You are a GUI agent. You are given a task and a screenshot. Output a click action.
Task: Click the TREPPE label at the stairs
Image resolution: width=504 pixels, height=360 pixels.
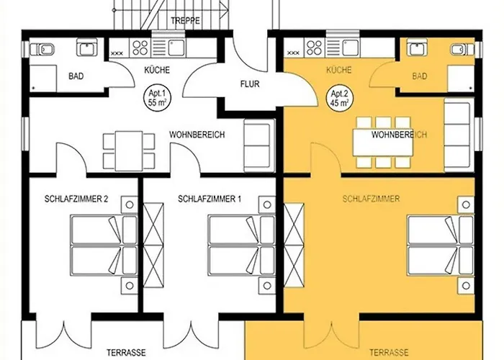pos(186,21)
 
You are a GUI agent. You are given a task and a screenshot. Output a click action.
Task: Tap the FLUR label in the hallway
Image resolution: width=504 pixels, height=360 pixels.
pos(250,84)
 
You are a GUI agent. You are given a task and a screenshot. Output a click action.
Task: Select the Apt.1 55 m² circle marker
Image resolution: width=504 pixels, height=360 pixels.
pos(157,99)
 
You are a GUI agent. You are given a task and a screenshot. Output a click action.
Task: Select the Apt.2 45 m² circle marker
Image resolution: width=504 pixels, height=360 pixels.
pos(339,99)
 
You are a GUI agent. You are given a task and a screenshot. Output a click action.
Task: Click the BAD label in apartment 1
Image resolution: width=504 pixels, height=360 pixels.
pos(76,76)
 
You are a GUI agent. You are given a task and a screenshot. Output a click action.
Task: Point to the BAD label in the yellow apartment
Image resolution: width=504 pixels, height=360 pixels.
pos(420,76)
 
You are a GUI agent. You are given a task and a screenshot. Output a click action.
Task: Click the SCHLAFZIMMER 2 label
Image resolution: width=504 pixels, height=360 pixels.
pos(76,199)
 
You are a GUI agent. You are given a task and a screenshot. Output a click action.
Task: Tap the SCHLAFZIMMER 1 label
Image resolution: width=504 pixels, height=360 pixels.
pos(210,199)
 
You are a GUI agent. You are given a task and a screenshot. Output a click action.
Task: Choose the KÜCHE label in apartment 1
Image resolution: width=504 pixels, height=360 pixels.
pos(157,70)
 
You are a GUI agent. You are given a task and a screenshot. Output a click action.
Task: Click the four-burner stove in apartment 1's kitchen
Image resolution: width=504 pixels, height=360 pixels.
pos(140,48)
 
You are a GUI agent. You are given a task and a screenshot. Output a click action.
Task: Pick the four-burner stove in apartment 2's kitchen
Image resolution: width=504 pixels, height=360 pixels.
pos(315,48)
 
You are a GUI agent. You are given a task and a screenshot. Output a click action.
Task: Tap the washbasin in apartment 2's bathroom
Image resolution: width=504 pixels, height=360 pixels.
pos(417,48)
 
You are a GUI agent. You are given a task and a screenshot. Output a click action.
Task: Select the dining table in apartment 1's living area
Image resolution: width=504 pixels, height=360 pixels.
pos(129,151)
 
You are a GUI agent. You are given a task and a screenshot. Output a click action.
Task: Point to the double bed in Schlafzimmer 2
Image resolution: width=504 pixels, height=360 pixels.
pos(104,246)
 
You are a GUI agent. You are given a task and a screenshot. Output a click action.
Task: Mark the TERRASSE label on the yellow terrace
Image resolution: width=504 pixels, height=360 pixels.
pos(389,353)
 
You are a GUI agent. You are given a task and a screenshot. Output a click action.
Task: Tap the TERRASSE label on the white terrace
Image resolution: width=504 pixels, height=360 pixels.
pos(126,353)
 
